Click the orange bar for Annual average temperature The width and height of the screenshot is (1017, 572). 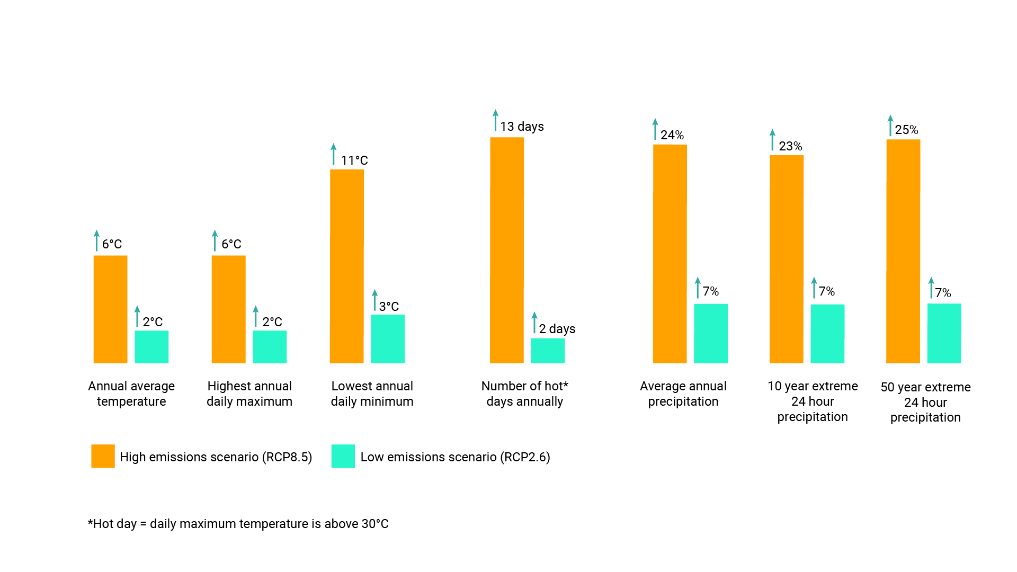(x=110, y=309)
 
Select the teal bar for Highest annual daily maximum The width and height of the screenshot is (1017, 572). (x=270, y=347)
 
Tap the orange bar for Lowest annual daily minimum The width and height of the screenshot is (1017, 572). (x=346, y=266)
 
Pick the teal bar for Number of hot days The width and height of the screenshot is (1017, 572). (x=548, y=351)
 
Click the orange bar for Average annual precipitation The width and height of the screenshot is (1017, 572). (x=670, y=254)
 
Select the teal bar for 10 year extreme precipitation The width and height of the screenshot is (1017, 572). (x=827, y=334)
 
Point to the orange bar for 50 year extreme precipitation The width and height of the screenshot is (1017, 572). (x=903, y=251)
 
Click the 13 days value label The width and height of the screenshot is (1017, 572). (x=522, y=127)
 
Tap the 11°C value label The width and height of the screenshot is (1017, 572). (x=354, y=160)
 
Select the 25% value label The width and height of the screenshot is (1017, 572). (x=906, y=130)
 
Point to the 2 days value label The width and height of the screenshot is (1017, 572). (x=557, y=329)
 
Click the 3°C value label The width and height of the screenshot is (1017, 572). (x=389, y=307)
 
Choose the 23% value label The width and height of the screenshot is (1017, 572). (x=790, y=146)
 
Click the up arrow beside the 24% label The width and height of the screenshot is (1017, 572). (x=655, y=129)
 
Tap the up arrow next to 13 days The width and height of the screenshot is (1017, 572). (x=495, y=120)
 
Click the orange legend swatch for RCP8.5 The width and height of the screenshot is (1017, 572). (x=103, y=456)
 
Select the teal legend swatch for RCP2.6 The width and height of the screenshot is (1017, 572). (x=343, y=456)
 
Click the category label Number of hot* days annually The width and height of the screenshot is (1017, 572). (x=524, y=394)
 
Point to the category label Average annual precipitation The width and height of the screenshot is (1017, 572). (x=683, y=394)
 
